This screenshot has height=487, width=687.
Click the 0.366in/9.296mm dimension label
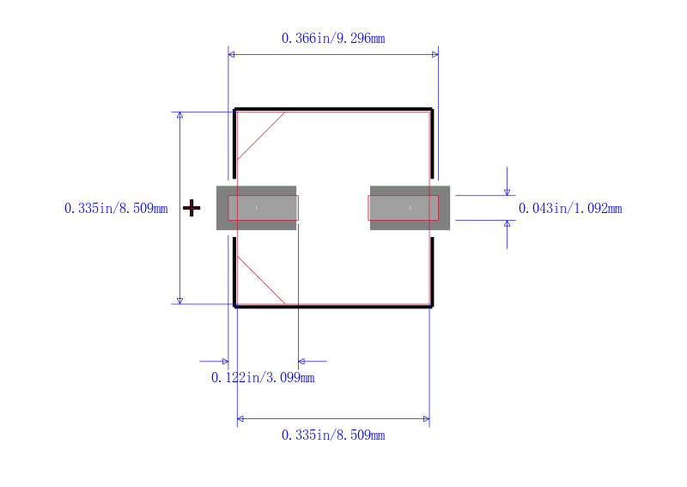coord(333,38)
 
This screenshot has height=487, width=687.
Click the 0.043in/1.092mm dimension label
coord(570,208)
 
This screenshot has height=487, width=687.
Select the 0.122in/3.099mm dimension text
coord(263,377)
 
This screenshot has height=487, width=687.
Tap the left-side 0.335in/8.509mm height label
coord(116,208)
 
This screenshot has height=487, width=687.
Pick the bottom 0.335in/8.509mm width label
coord(333,435)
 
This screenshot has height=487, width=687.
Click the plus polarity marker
coord(192,208)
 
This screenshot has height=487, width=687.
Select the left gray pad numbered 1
coord(256,208)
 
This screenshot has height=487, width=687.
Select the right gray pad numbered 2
coord(410,208)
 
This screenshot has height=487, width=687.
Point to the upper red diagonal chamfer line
coord(261,136)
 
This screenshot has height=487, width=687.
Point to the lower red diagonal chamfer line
coord(261,280)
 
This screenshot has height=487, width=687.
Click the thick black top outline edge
coord(333,109)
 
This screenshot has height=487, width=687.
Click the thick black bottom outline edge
coord(333,306)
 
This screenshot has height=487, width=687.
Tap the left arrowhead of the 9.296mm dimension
coord(232,54)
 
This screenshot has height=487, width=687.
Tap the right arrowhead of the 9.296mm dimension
coord(435,54)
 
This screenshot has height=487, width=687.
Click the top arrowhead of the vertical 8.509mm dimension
coord(179,116)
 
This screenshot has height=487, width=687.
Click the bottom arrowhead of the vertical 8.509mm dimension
coord(179,300)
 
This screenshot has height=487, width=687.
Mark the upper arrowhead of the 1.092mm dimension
coord(507,192)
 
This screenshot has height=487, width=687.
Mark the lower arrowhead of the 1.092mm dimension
coord(507,224)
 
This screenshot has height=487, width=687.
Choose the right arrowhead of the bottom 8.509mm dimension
coord(425,419)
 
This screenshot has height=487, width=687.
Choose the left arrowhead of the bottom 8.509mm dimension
coord(241,419)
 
